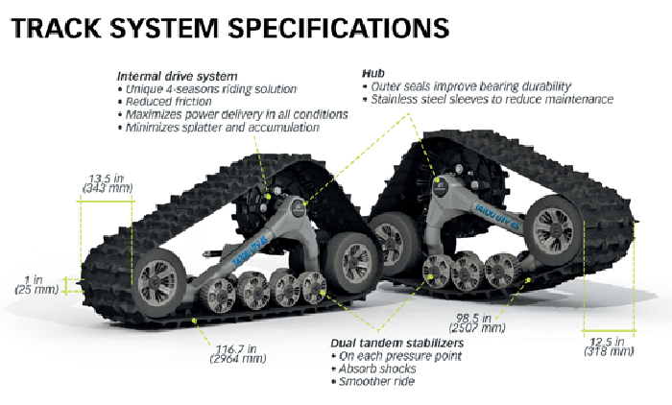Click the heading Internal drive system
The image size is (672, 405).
click(177, 76)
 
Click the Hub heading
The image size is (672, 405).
click(372, 73)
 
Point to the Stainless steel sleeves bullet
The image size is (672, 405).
click(492, 99)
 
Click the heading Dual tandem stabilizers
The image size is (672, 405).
click(397, 343)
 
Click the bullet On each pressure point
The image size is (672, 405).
click(399, 356)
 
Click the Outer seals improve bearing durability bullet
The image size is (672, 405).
click(470, 85)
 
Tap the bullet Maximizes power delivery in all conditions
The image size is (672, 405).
click(230, 115)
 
